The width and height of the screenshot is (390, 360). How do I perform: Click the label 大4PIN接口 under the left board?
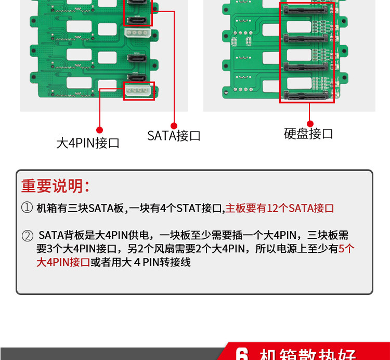tap(88, 143)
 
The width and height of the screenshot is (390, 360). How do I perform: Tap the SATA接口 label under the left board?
tap(174, 136)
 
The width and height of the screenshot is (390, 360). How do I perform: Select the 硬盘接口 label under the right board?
tap(308, 134)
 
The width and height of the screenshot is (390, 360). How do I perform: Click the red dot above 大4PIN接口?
tap(99, 130)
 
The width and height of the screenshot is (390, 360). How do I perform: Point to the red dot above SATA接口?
tap(174, 125)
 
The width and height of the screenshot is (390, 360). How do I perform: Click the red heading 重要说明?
tap(55, 186)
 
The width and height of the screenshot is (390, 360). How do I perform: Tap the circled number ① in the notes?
tap(27, 208)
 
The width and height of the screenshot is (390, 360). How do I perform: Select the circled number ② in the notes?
tap(27, 236)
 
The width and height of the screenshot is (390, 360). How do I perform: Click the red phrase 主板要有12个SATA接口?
tap(279, 208)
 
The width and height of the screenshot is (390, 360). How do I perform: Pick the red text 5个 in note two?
tap(346, 249)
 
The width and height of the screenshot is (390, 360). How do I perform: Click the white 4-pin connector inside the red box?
tap(138, 91)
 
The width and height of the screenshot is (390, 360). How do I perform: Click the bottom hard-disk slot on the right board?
tap(307, 96)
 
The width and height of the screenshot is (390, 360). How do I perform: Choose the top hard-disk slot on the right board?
tap(307, 10)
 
